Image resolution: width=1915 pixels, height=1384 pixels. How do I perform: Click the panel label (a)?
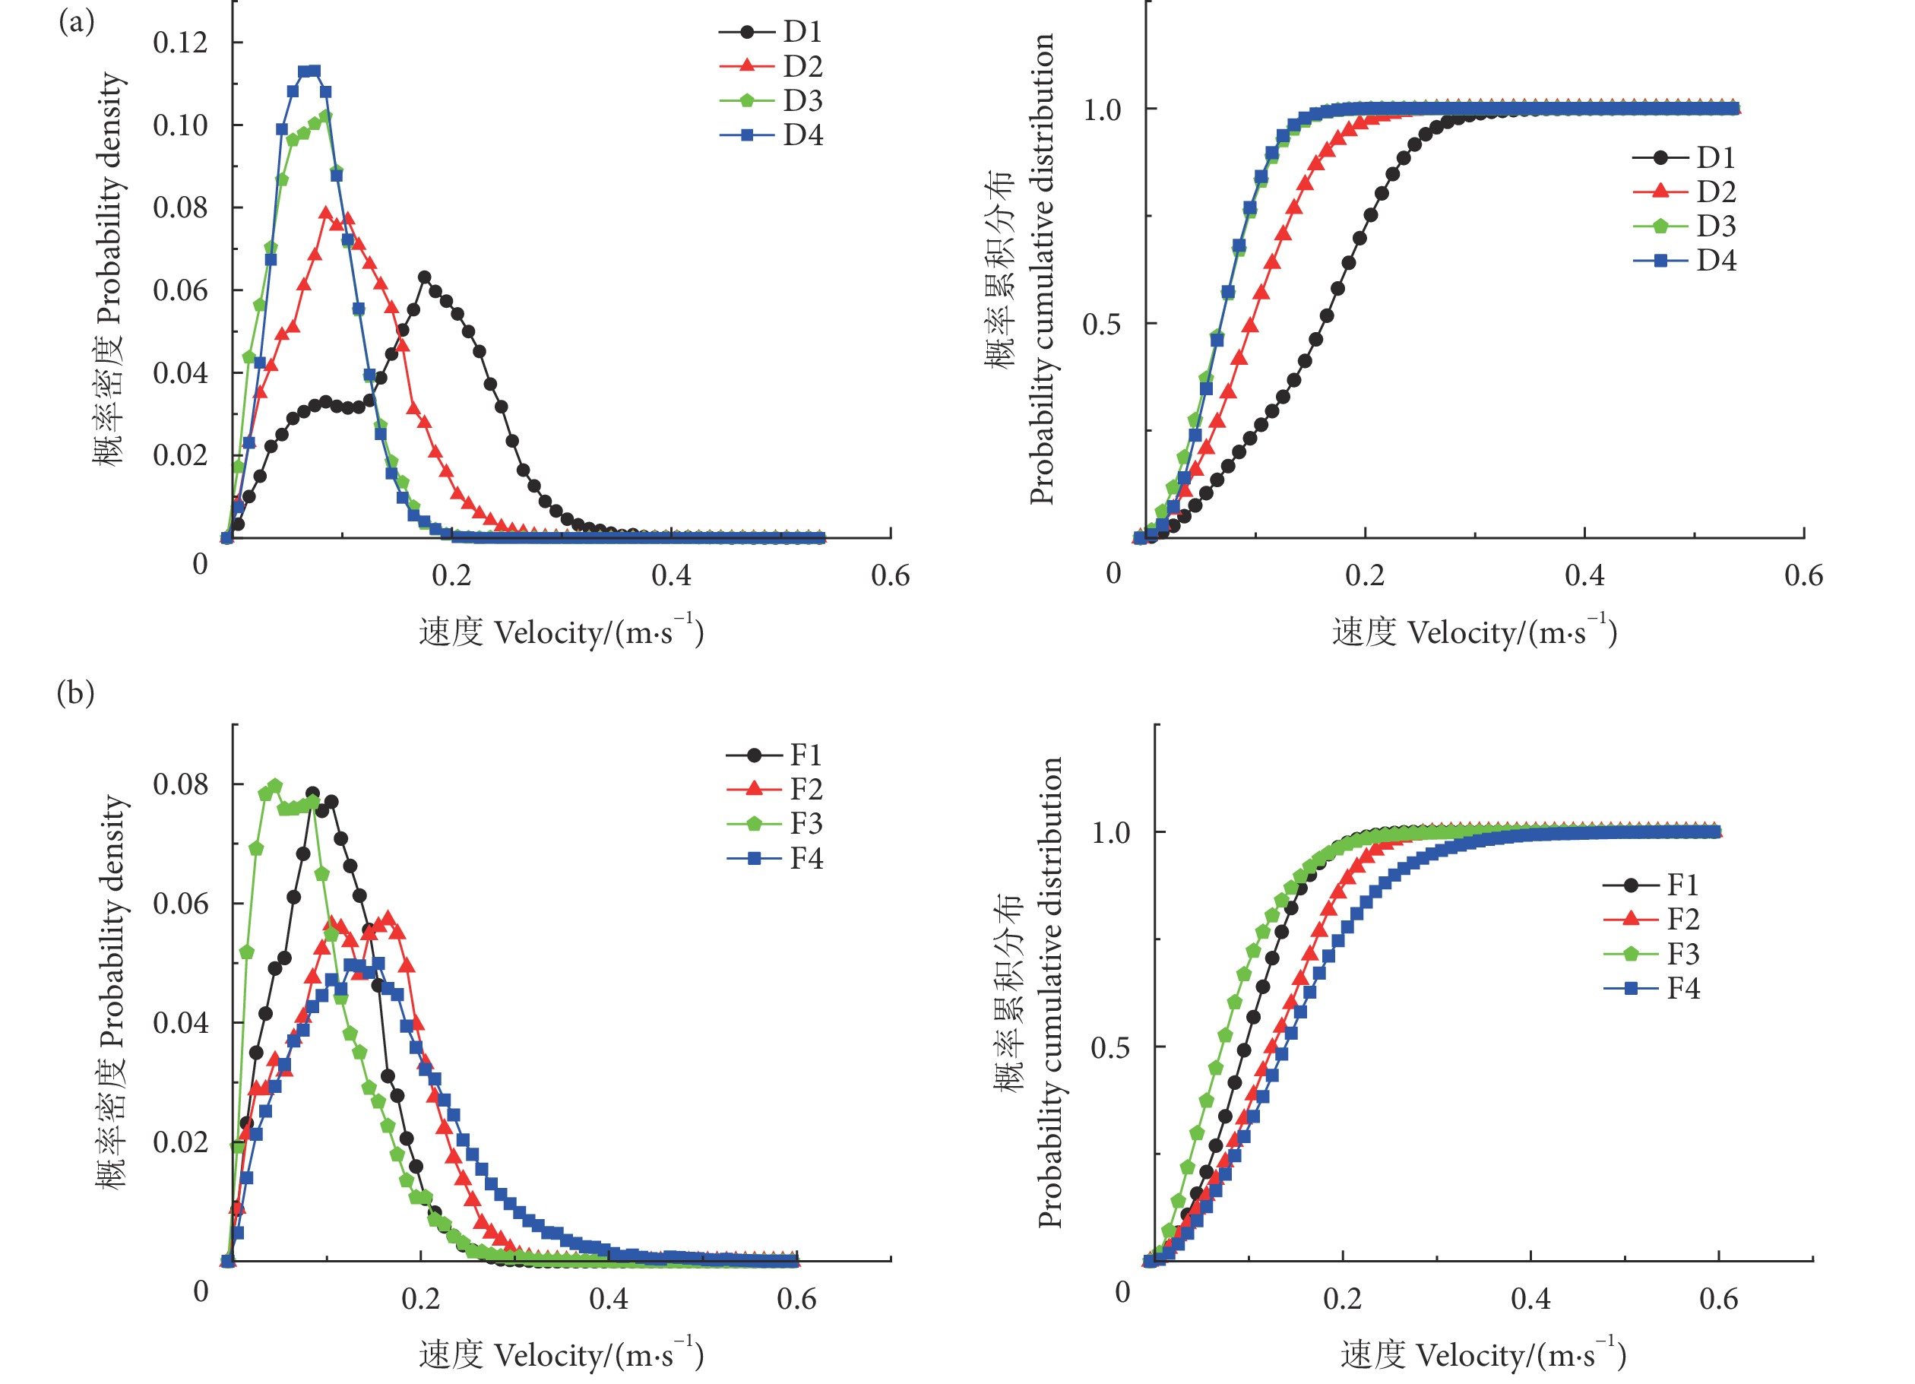(x=76, y=21)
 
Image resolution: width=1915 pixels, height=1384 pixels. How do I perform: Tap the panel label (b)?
(x=75, y=693)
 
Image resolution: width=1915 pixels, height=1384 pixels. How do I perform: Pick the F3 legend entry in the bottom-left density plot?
(x=776, y=822)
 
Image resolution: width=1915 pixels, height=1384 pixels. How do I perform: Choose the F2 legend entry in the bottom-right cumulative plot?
(x=1651, y=919)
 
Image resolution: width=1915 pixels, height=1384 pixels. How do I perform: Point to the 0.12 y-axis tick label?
(x=180, y=43)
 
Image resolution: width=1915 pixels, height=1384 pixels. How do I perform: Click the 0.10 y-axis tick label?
(x=180, y=125)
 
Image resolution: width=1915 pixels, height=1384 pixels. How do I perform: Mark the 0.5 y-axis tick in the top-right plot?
(x=1102, y=324)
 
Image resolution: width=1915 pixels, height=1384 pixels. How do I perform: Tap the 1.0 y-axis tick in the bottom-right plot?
(x=1110, y=832)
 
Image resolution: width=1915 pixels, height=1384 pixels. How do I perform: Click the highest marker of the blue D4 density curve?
(x=314, y=71)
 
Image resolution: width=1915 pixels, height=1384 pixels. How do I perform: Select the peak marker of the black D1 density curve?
(x=425, y=277)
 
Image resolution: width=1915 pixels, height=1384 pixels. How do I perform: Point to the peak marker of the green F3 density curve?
(x=274, y=785)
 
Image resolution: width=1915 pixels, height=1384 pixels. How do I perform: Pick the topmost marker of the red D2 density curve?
(x=326, y=213)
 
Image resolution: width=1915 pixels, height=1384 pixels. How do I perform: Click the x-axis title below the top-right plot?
(x=1474, y=632)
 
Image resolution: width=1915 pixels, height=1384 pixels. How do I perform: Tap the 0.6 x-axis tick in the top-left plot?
(x=890, y=576)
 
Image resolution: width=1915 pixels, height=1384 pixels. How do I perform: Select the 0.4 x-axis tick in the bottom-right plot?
(x=1530, y=1298)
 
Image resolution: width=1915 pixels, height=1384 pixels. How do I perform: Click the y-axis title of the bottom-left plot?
(x=112, y=991)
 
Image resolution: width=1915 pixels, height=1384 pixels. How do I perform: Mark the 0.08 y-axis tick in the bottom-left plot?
(x=180, y=784)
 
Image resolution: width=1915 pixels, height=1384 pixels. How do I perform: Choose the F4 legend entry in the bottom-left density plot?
(x=776, y=858)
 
